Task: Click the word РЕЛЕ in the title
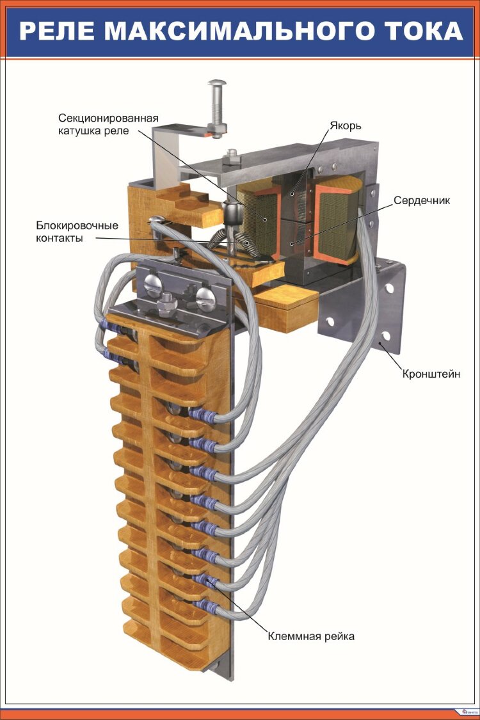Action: pyautogui.click(x=54, y=30)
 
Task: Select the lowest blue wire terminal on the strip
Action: pyautogui.click(x=204, y=605)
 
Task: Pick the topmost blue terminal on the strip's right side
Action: pyautogui.click(x=200, y=415)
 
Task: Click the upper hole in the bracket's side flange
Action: pyautogui.click(x=390, y=287)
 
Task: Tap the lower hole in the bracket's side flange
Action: pyautogui.click(x=385, y=336)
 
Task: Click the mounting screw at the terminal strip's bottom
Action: pyautogui.click(x=213, y=665)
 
